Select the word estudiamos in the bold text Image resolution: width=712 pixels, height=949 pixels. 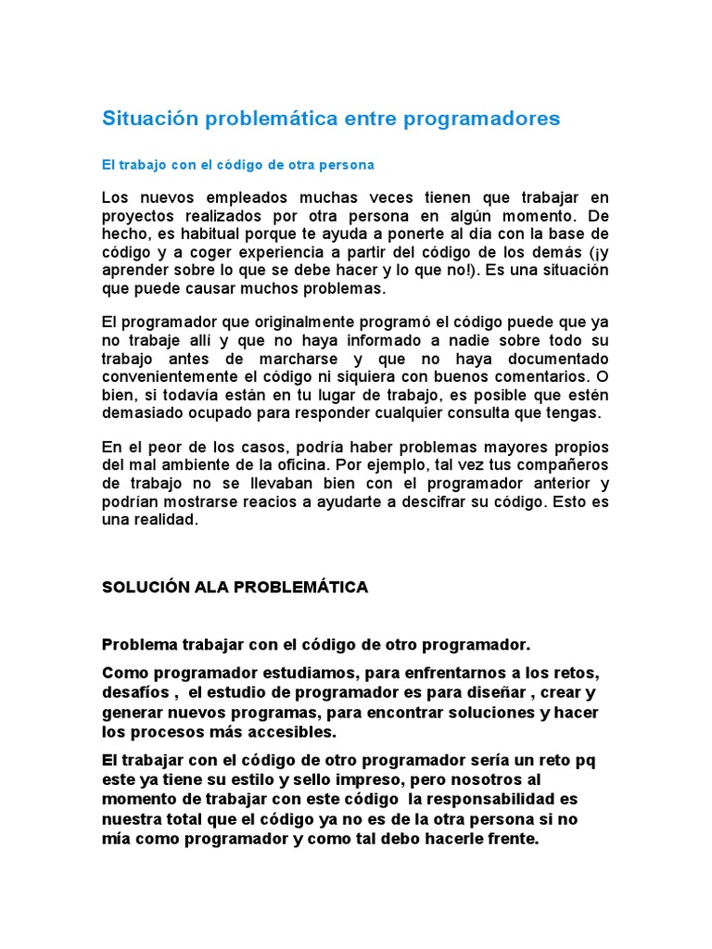pos(283,672)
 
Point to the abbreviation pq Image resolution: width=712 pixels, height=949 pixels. pos(586,760)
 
